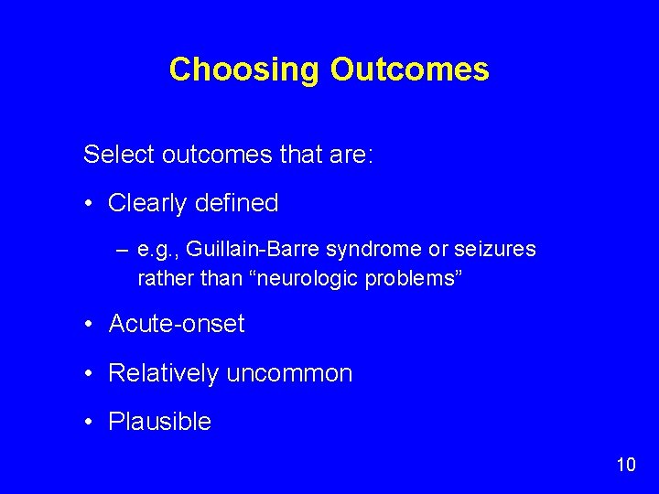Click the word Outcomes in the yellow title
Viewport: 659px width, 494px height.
point(409,70)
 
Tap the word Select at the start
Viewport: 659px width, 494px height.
point(119,154)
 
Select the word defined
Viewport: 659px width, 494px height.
point(235,203)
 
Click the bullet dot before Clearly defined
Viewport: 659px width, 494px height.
point(91,203)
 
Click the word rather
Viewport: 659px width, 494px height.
point(161,277)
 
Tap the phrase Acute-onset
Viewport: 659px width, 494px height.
point(177,324)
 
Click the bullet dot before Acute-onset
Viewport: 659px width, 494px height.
point(91,324)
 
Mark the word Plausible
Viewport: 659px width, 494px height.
point(159,422)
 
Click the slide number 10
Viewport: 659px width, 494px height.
point(625,465)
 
